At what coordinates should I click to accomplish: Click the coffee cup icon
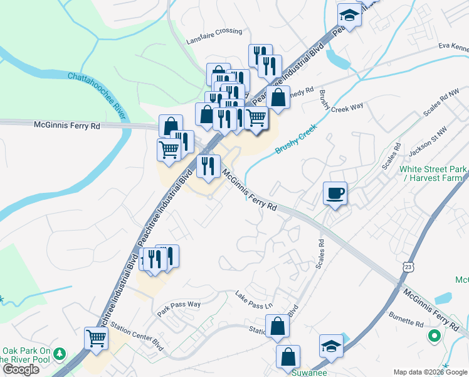pos(335,193)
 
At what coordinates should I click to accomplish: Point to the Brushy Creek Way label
pos(341,101)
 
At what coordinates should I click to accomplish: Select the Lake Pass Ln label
pos(254,300)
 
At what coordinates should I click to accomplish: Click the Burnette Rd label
pos(406,322)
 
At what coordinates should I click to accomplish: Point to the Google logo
pos(21,369)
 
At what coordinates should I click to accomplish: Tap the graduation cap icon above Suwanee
pos(330,346)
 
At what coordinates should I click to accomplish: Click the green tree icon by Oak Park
pos(60,354)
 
